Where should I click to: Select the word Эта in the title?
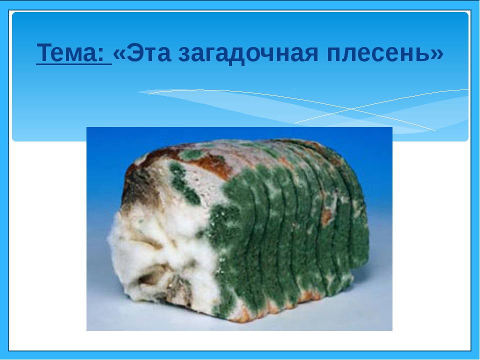coord(148,52)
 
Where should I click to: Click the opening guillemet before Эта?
coord(119,54)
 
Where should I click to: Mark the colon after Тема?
coord(101,54)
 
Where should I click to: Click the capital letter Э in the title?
coord(134,52)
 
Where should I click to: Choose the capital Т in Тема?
coord(44,52)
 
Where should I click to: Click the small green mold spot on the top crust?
coord(191,154)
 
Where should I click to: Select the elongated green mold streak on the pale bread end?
coord(183,183)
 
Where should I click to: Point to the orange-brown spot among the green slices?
coord(326,216)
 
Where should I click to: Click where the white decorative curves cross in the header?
coord(351,109)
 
